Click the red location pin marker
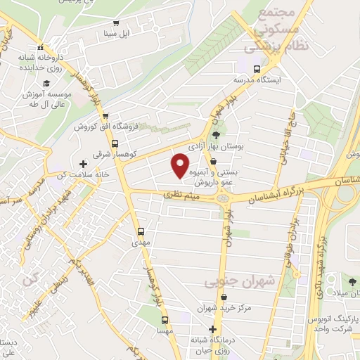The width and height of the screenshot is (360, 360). (x=181, y=165)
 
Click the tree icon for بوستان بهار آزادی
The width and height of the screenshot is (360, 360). (x=217, y=136)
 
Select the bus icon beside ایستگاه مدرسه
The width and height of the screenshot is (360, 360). (x=257, y=70)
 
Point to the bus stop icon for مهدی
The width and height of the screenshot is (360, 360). (x=141, y=230)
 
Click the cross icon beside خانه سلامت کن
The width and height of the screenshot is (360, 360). (x=83, y=164)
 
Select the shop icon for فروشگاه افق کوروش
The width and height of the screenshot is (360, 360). (x=105, y=116)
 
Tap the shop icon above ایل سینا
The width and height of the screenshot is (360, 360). (x=116, y=22)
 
